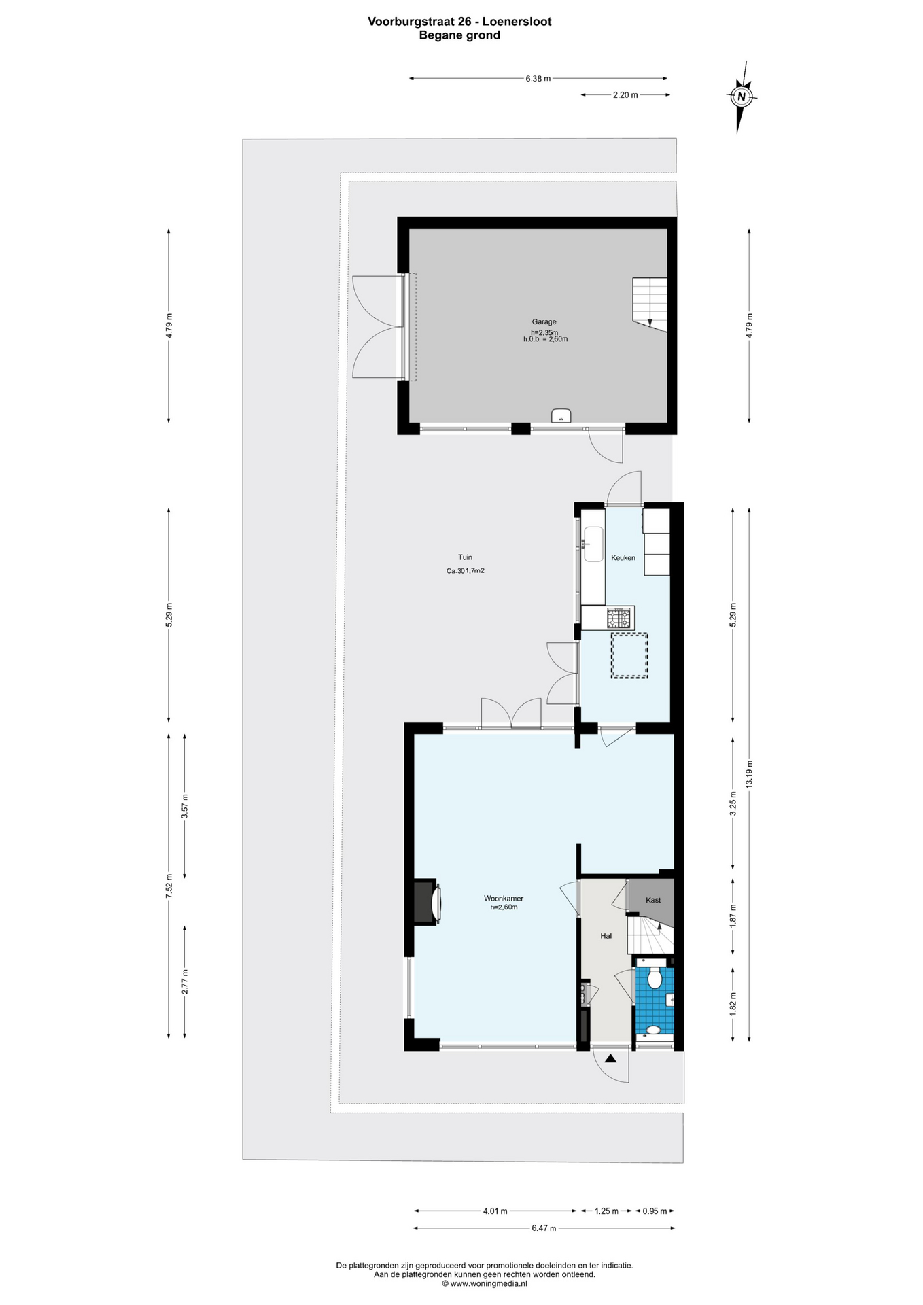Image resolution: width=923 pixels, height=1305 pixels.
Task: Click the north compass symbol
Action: [742, 97]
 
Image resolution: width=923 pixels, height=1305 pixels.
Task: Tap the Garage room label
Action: [544, 321]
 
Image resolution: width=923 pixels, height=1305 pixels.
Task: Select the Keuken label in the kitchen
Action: [623, 557]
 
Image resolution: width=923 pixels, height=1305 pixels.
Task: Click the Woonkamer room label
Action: [504, 898]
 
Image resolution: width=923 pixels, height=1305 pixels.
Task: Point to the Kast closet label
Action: [653, 900]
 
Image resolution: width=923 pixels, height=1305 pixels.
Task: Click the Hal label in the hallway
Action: [606, 935]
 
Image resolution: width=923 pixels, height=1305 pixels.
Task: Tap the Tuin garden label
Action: [465, 557]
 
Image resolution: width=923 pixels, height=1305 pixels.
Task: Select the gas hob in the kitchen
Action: [619, 618]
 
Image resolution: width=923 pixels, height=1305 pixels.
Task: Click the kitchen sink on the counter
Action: [593, 544]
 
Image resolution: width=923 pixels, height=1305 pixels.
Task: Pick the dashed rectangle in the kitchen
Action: [629, 655]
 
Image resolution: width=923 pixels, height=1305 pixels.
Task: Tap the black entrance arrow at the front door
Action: [610, 1058]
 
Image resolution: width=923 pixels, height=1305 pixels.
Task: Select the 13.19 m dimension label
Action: [749, 773]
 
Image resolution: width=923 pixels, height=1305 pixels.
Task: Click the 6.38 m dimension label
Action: [538, 78]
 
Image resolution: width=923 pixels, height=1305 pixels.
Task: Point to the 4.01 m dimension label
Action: [495, 1211]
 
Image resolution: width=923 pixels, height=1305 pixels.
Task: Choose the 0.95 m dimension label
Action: [655, 1211]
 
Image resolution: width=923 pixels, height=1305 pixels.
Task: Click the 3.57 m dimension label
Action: [184, 805]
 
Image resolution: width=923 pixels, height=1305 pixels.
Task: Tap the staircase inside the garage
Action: [650, 304]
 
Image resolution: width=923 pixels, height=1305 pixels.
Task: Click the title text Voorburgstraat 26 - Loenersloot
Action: [459, 21]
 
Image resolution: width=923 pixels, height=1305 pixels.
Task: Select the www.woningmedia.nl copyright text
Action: [484, 1284]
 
